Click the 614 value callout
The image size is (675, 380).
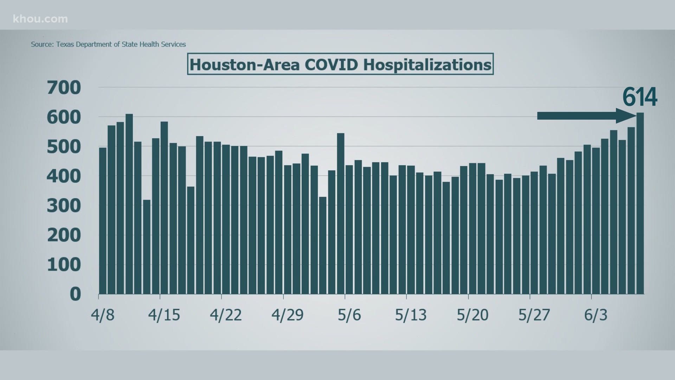(x=639, y=97)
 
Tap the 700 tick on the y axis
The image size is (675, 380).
(x=64, y=88)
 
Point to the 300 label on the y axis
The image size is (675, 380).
(x=64, y=206)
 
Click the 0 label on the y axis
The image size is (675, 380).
(x=75, y=294)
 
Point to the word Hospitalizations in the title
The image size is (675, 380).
(x=427, y=65)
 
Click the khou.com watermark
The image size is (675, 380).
(x=40, y=19)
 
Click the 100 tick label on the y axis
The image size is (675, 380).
(x=64, y=265)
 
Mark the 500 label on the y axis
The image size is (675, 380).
(x=64, y=147)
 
